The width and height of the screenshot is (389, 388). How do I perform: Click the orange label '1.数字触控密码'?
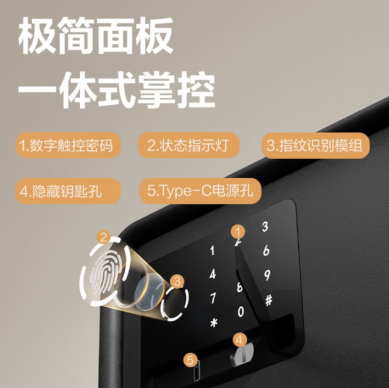point(68,145)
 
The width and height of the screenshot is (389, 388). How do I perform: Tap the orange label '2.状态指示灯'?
point(188,145)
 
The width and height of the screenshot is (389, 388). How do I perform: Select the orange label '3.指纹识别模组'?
point(315,145)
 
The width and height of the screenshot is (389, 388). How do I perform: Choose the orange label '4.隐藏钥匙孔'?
point(68,191)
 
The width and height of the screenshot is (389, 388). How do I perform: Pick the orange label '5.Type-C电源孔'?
point(200,191)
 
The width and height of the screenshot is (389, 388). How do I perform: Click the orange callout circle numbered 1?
point(238,232)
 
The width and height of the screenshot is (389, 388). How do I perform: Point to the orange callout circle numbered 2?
point(104,238)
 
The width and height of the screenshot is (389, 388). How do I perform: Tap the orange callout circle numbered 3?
point(177,282)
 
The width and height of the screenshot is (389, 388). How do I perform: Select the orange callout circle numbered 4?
point(240,340)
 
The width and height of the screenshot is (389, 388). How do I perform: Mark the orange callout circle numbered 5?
point(190,360)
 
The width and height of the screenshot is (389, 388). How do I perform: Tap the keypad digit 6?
point(266,250)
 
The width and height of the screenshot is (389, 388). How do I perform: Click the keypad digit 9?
point(267,275)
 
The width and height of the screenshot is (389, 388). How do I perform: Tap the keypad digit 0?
point(241,311)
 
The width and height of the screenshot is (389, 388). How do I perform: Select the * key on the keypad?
point(214,323)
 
